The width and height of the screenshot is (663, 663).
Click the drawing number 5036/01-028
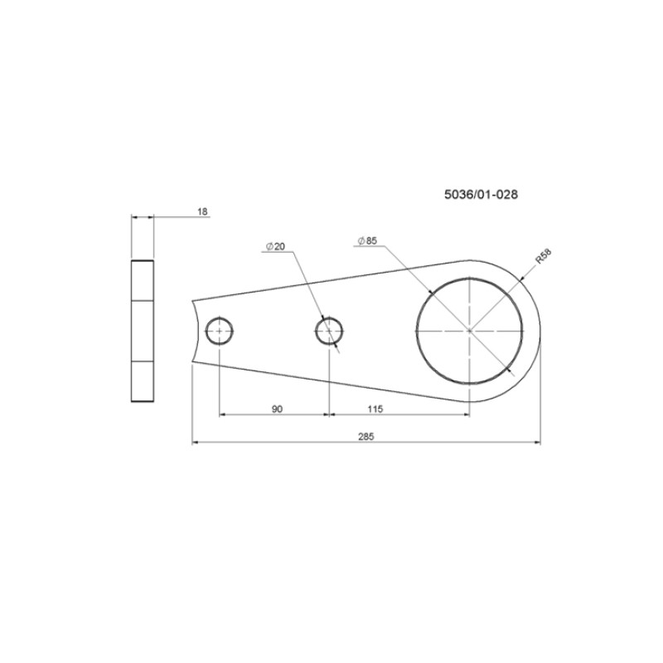point(481,195)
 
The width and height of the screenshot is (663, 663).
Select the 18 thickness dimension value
point(203,211)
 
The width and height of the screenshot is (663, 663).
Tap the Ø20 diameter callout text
point(275,246)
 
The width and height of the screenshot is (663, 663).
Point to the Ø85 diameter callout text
point(367,241)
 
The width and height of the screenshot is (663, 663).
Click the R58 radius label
point(544,257)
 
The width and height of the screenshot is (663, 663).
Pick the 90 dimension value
point(277,409)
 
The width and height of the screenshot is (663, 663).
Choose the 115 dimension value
point(375,409)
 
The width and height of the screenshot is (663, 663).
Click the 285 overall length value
point(366,437)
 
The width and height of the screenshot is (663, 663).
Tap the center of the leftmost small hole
point(220,331)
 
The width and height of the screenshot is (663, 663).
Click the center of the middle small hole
point(329,331)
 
